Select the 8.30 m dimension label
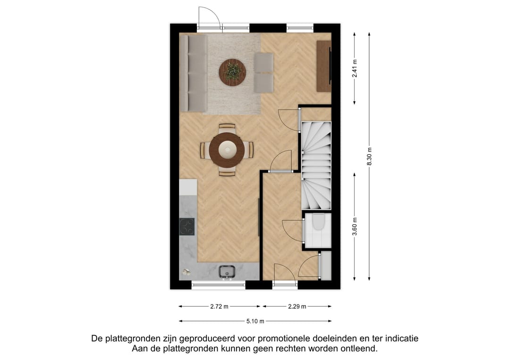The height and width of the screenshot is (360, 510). pyautogui.click(x=369, y=156)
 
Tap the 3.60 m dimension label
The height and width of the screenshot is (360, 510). pyautogui.click(x=355, y=228)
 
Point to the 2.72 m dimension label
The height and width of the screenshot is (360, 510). pyautogui.click(x=219, y=307)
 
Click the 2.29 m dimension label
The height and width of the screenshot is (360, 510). pyautogui.click(x=297, y=307)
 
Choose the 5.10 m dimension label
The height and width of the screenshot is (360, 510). pyautogui.click(x=255, y=321)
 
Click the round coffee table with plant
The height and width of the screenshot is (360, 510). pyautogui.click(x=232, y=72)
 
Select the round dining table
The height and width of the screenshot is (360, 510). pyautogui.click(x=228, y=150)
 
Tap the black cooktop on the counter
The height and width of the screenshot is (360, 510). pyautogui.click(x=187, y=227)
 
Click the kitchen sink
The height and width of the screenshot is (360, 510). pyautogui.click(x=227, y=271)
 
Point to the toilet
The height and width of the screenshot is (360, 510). pyautogui.click(x=318, y=223)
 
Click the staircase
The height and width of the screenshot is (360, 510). pyautogui.click(x=316, y=165)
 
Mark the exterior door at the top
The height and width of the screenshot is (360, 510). pyautogui.click(x=209, y=19)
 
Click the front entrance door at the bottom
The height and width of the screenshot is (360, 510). pyautogui.click(x=284, y=275)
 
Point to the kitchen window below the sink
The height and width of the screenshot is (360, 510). pyautogui.click(x=219, y=285)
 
